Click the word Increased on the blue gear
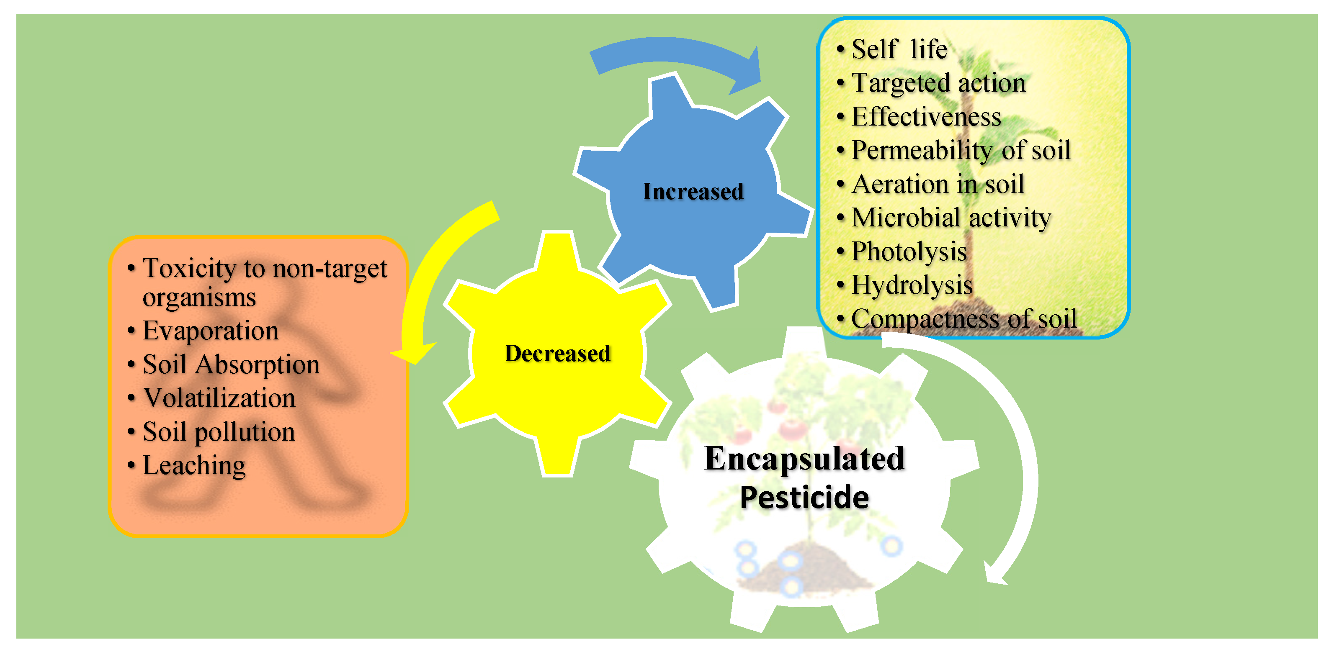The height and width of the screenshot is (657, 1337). pyautogui.click(x=693, y=191)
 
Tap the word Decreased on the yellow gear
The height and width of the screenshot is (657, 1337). pyautogui.click(x=557, y=353)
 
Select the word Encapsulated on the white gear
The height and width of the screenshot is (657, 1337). pyautogui.click(x=804, y=458)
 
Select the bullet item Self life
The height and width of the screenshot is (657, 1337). pyautogui.click(x=899, y=49)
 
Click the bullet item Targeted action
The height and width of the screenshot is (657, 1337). pyautogui.click(x=938, y=83)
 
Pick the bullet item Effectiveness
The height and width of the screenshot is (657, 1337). pyautogui.click(x=926, y=117)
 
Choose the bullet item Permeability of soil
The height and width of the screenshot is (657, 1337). pyautogui.click(x=961, y=150)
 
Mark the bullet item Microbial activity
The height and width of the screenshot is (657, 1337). pyautogui.click(x=951, y=218)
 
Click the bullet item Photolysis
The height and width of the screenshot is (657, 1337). pyautogui.click(x=909, y=252)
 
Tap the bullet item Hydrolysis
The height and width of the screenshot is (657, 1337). pyautogui.click(x=912, y=285)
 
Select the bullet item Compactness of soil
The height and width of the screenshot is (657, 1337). pyautogui.click(x=964, y=319)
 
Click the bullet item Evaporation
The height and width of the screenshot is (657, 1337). pyautogui.click(x=210, y=331)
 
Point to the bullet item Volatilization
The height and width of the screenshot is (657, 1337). pyautogui.click(x=219, y=398)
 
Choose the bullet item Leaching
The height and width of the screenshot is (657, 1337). pyautogui.click(x=193, y=466)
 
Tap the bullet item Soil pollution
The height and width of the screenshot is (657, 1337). pyautogui.click(x=219, y=432)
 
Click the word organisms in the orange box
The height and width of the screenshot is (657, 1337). pyautogui.click(x=199, y=298)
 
